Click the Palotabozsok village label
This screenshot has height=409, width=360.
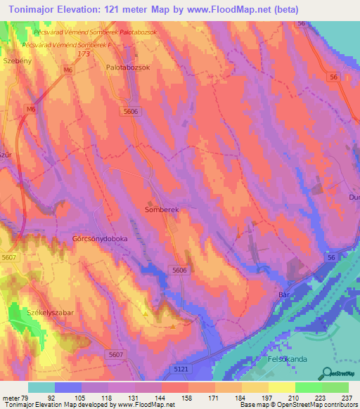point(126,67)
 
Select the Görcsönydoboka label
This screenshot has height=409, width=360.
point(100,239)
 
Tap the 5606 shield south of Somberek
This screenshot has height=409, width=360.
point(181,270)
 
